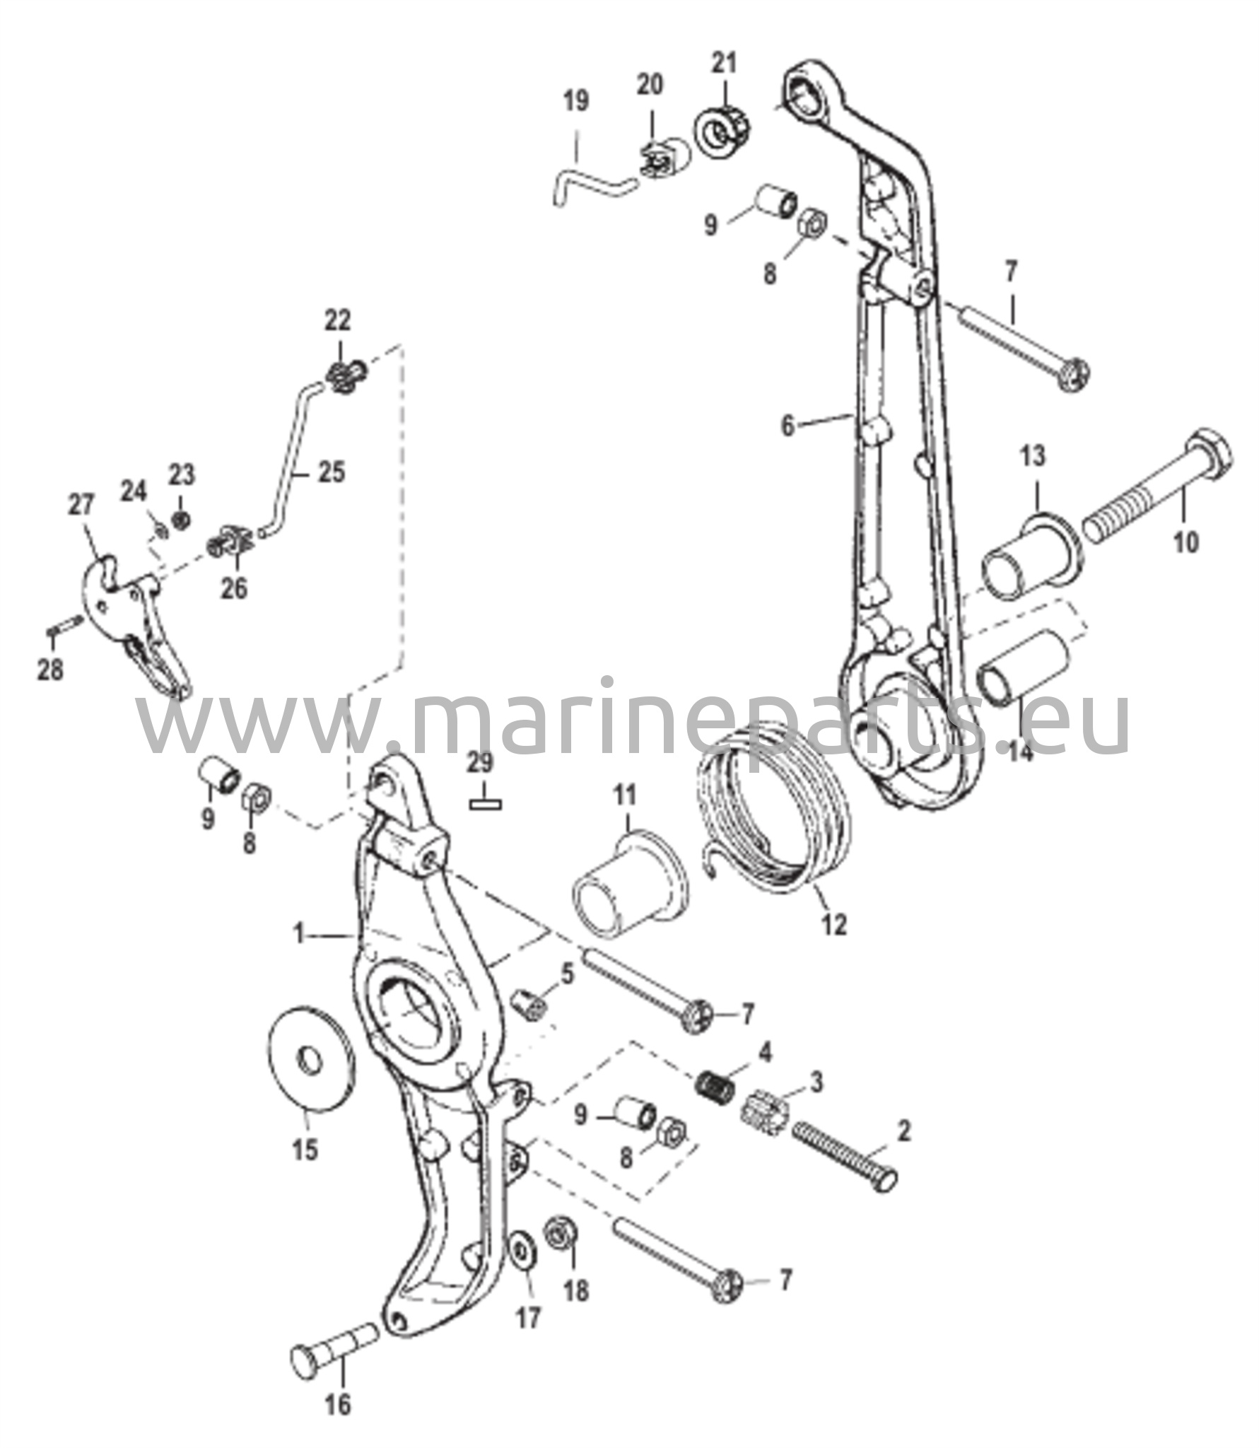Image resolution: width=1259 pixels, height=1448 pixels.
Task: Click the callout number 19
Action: [x=576, y=100]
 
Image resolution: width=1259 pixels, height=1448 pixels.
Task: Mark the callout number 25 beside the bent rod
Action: [x=331, y=472]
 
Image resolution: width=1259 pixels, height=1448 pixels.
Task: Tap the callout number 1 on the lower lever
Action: [x=299, y=937]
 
